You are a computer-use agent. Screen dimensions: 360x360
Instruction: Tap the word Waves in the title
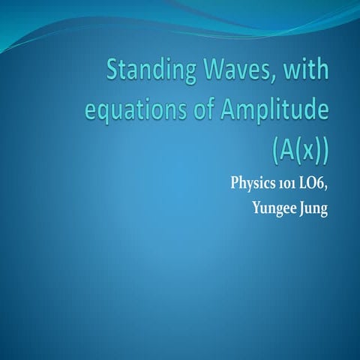(239, 74)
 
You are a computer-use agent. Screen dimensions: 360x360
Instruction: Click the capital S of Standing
(114, 75)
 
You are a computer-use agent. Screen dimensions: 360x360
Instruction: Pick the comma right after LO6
(327, 188)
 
